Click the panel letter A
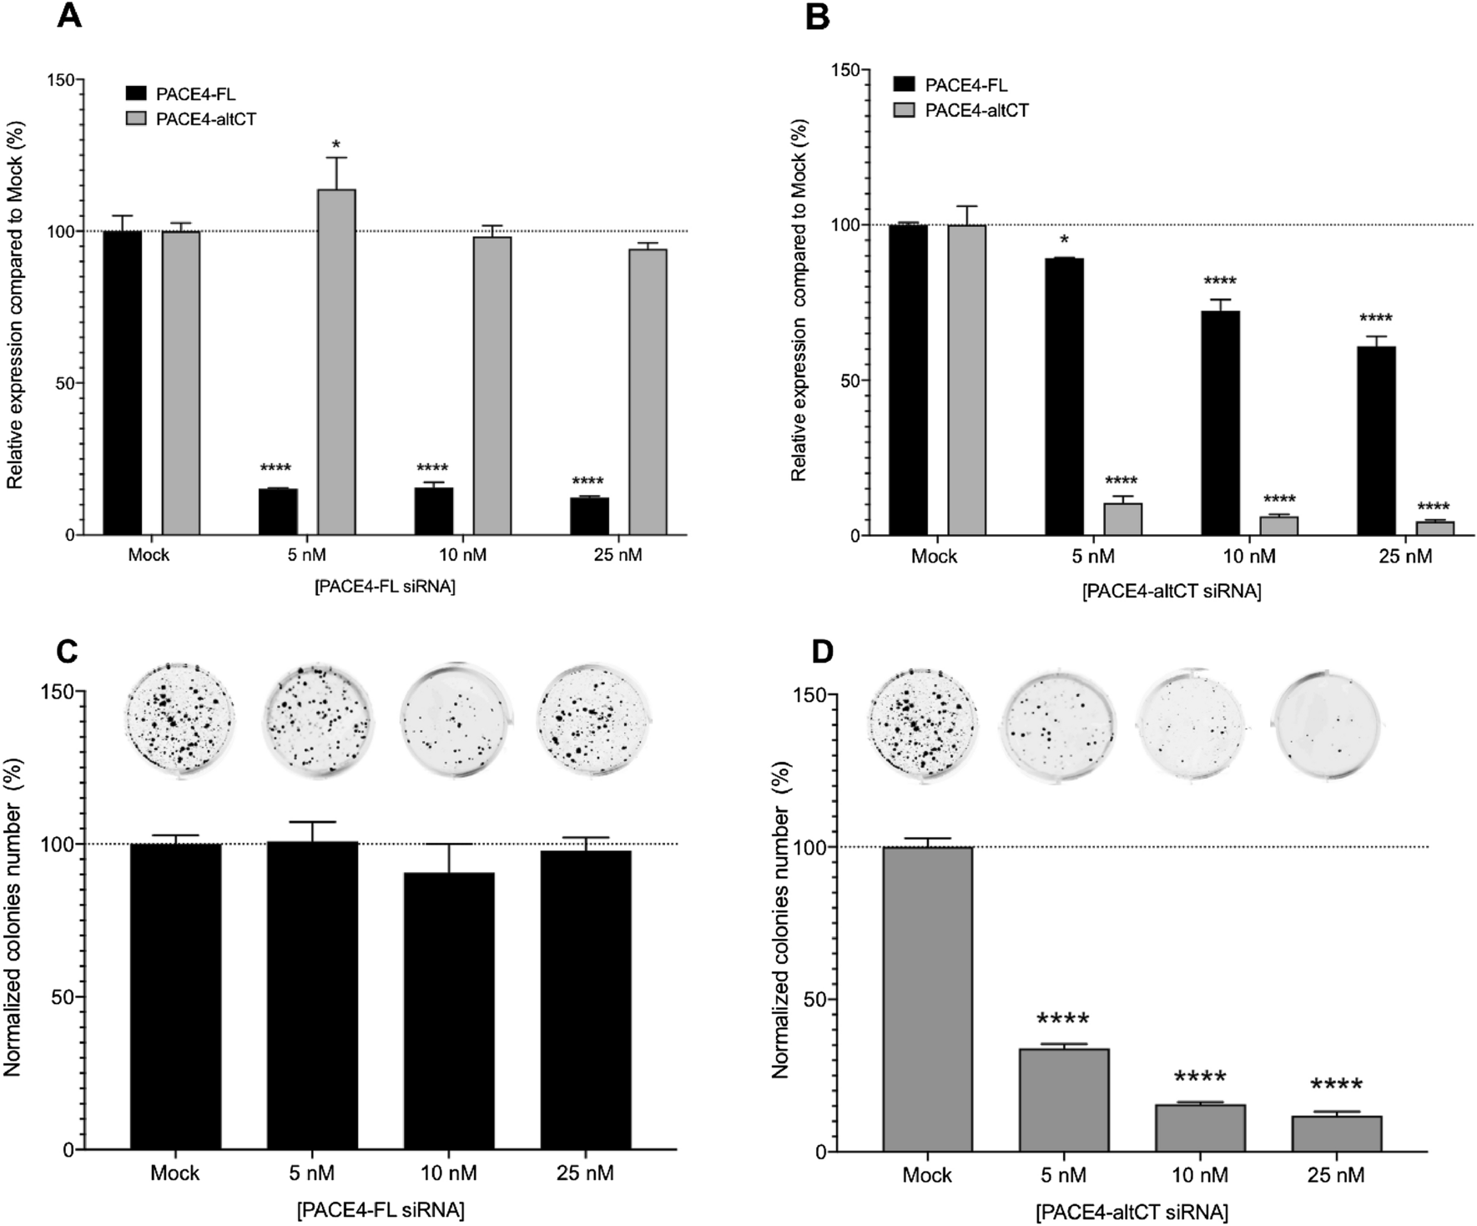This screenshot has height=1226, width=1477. [x=68, y=16]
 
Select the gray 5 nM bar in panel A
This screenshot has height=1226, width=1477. [x=336, y=361]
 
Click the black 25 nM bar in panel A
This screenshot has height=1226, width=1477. [x=589, y=516]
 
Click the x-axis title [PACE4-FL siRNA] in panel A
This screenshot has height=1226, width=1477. [x=385, y=587]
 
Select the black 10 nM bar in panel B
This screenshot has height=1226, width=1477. [x=1220, y=422]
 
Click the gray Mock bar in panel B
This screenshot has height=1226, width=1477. [x=966, y=380]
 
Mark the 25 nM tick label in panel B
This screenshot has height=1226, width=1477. [x=1404, y=557]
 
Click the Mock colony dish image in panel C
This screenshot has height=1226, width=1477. [x=179, y=719]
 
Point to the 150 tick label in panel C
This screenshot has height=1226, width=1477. [x=58, y=692]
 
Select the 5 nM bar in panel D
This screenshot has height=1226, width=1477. [x=1063, y=1100]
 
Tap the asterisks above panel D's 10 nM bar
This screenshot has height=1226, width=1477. [x=1200, y=1077]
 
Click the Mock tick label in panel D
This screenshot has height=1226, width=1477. [x=926, y=1175]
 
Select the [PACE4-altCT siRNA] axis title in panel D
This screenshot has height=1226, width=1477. [x=1132, y=1212]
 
